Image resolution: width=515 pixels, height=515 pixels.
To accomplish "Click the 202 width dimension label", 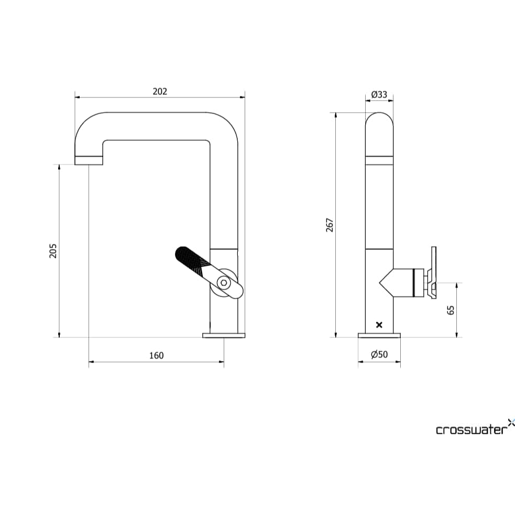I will click(160, 91).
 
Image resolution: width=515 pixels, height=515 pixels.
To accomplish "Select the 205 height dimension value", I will click(53, 250).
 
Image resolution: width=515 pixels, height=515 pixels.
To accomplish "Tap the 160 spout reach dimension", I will click(156, 355).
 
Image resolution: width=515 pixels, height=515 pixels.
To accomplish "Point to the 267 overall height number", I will click(330, 225).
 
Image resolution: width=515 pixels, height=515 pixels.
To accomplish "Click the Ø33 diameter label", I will click(379, 94).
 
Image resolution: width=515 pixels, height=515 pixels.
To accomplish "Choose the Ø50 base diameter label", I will click(379, 355).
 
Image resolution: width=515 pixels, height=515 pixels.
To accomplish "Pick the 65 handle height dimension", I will click(451, 310).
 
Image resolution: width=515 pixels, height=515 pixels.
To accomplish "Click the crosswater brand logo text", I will click(471, 430).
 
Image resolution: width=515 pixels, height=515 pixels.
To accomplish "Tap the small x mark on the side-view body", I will click(379, 325).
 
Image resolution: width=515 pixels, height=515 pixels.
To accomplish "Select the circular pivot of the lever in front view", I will click(224, 282).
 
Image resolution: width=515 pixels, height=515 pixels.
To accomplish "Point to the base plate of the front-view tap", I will click(224, 335).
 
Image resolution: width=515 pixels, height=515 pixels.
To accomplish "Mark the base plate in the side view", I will click(379, 335).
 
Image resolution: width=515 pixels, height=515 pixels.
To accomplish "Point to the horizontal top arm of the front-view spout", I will click(157, 126).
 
